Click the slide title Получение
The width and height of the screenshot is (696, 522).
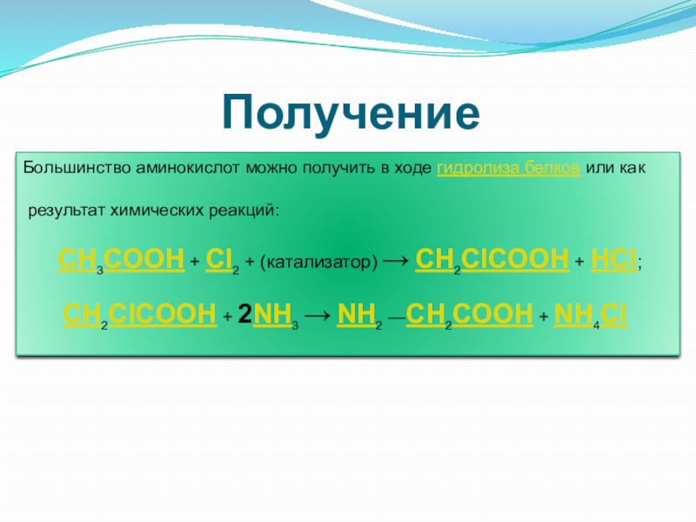click(351, 113)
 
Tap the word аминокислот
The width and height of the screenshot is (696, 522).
click(188, 168)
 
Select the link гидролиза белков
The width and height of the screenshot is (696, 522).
click(509, 169)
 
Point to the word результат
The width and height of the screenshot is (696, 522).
click(67, 211)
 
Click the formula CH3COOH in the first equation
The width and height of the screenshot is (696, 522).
click(121, 260)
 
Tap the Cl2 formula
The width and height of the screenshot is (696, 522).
click(223, 260)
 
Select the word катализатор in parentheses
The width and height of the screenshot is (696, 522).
click(318, 262)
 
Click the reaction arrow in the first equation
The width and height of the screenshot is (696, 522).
click(396, 259)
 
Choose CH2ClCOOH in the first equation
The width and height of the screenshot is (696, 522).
click(492, 260)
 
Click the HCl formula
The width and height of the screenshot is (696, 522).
click(613, 259)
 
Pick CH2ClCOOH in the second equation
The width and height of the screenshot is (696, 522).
click(140, 315)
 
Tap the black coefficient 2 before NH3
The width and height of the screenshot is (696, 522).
click(245, 314)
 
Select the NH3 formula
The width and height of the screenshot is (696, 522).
click(276, 315)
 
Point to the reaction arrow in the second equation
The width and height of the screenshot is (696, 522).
click(318, 315)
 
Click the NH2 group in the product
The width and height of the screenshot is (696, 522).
click(359, 315)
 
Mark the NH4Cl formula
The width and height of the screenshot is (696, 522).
click(591, 315)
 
